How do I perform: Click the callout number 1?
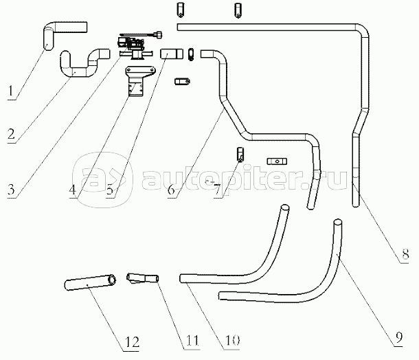pyautogui.click(x=10, y=91)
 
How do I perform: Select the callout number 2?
pyautogui.click(x=11, y=134)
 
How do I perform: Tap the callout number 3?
pyautogui.click(x=11, y=189)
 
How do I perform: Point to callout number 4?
pyautogui.click(x=72, y=190)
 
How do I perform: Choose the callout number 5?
pyautogui.click(x=110, y=190)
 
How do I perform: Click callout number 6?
pyautogui.click(x=171, y=190)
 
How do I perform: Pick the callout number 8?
pyautogui.click(x=405, y=254)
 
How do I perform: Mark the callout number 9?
pyautogui.click(x=398, y=337)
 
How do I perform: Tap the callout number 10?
pyautogui.click(x=232, y=341)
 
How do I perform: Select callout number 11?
pyautogui.click(x=192, y=341)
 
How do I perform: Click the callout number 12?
pyautogui.click(x=132, y=342)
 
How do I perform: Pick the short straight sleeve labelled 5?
pyautogui.click(x=172, y=54)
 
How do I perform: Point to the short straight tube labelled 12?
pyautogui.click(x=90, y=282)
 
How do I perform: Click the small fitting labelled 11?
pyautogui.click(x=142, y=278)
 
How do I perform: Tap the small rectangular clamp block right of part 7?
pyautogui.click(x=277, y=161)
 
